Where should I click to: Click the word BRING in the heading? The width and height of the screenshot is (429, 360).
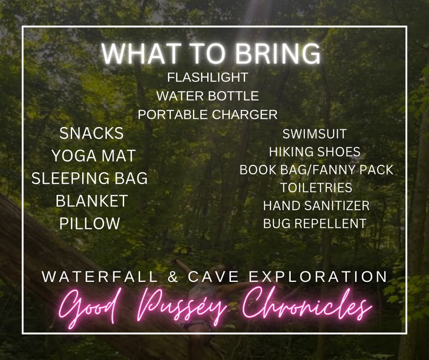278,53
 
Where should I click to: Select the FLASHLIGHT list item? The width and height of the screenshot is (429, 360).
208,77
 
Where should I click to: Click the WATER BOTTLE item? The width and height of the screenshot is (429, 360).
208,96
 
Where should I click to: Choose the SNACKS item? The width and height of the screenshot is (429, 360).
91,133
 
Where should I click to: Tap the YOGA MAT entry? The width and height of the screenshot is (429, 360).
94,156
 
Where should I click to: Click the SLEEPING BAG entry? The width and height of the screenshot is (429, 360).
89,178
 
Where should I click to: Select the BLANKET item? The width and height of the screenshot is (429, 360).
92,201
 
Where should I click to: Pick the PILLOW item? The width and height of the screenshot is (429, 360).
90,223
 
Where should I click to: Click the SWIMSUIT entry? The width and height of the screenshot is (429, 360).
314,134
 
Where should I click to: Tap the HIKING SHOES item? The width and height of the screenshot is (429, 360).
314,152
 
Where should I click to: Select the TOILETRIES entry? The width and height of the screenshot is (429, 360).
316,188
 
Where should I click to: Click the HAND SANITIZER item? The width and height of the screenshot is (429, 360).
316,206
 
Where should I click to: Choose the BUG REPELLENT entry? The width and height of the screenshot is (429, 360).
314,223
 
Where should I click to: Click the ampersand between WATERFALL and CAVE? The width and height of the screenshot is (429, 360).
173,277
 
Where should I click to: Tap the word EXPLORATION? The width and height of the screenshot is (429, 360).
318,277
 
